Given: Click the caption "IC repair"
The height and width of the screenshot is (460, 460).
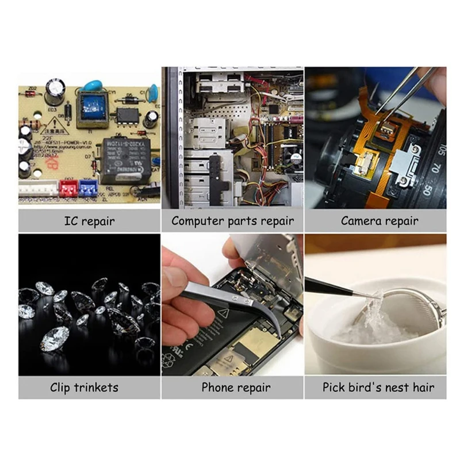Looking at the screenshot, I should pos(89,221).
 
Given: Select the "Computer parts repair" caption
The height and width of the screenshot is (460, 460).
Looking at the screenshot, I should pos(232,221).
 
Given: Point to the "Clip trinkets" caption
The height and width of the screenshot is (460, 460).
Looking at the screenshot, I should pos(89,388).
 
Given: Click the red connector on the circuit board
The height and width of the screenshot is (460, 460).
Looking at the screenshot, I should pos(68,187).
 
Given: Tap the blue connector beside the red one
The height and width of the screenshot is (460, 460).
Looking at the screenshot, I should pos(88,187).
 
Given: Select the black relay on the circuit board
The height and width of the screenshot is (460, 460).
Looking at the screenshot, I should pos(126,158).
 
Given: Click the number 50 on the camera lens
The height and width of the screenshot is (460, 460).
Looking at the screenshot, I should pos(427,189).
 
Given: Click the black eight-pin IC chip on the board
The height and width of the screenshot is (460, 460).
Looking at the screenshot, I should pos(127,113).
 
